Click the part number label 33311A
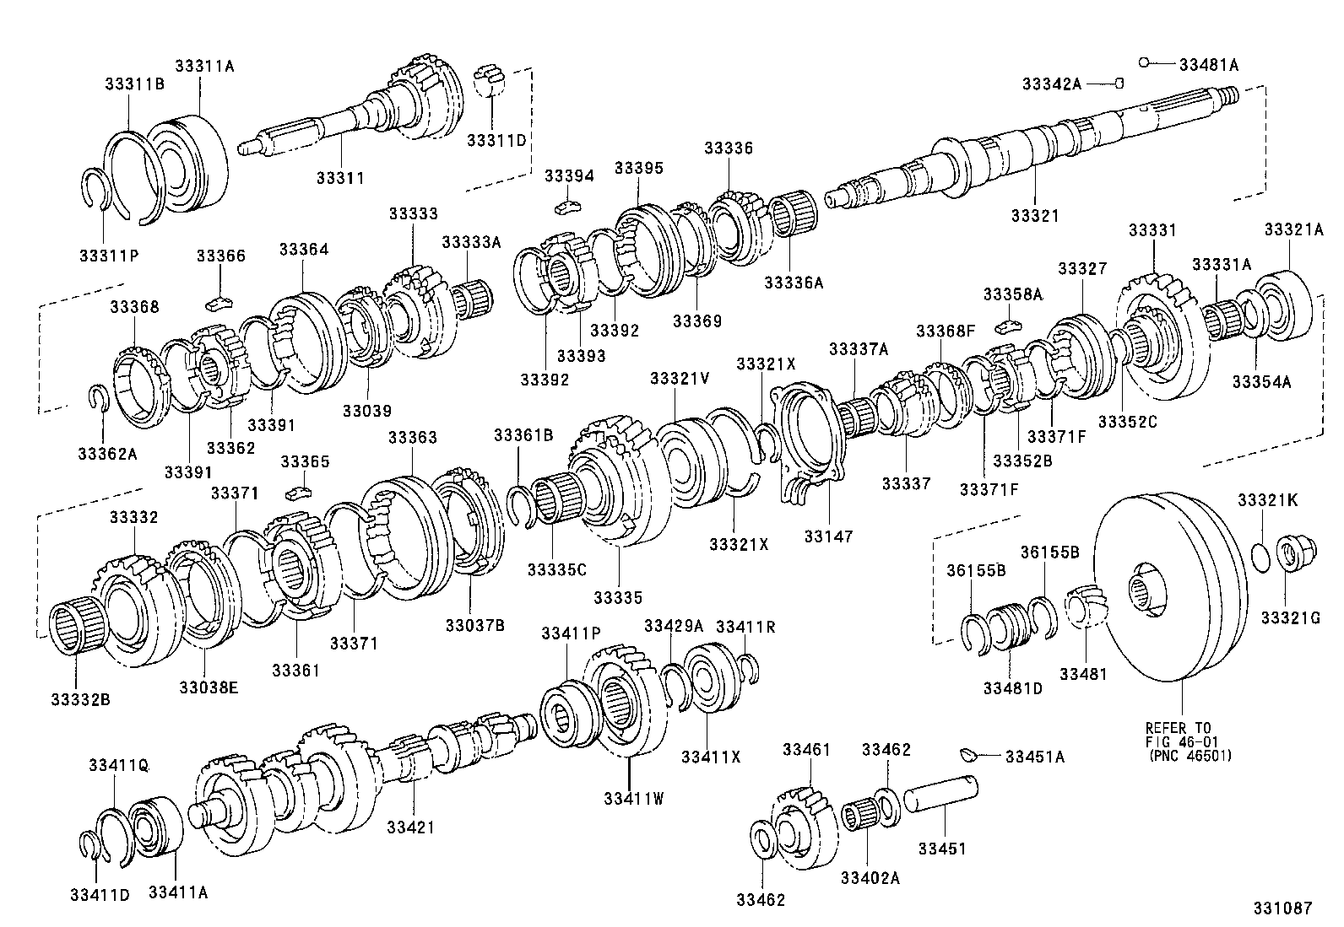coord(203,65)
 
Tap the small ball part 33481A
coord(1144,62)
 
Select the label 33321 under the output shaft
coord(1034,216)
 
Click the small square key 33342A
coord(1119,83)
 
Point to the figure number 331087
coord(1282,908)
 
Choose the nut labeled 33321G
coord(1287,554)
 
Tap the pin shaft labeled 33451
coord(941,796)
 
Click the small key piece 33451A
coord(969,753)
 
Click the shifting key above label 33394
coord(570,205)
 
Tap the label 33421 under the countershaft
coord(410,827)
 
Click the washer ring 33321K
coord(1259,558)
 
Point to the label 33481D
coord(1012,687)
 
